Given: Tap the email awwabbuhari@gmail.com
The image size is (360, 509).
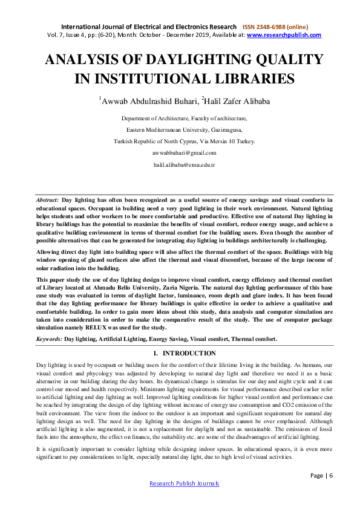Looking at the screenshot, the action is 185,153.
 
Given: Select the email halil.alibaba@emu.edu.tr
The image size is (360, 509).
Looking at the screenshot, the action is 185,164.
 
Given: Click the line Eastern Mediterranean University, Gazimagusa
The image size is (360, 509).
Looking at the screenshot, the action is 184,130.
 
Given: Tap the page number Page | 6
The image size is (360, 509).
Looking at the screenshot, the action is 321,475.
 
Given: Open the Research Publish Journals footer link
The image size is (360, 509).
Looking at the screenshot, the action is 184,484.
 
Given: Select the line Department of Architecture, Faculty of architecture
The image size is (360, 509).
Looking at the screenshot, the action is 184,118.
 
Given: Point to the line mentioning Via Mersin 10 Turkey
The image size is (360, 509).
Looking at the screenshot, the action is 184,141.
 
